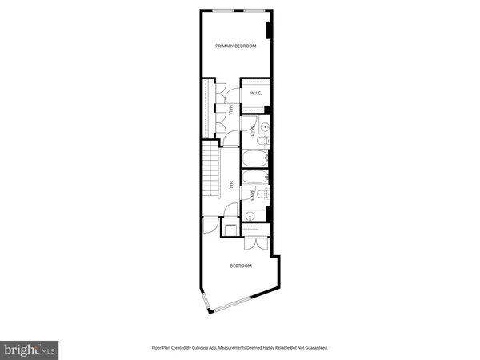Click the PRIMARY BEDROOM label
(236, 46)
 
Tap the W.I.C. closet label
(257, 94)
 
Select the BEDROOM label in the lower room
(241, 266)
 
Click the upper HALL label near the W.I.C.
(230, 111)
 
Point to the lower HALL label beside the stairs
(230, 186)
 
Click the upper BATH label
(253, 129)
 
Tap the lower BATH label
(253, 193)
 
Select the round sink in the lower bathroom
(250, 214)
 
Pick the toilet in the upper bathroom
(266, 142)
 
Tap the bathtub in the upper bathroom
(255, 158)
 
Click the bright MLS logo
(30, 348)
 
